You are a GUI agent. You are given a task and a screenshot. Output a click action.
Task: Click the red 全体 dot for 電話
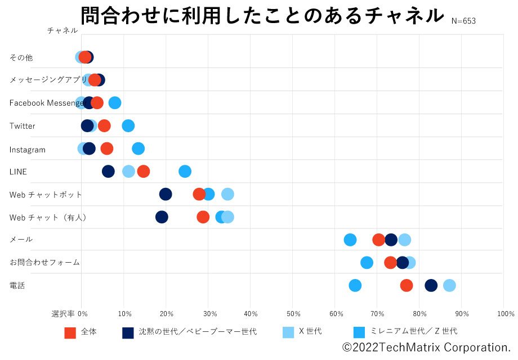pos(407,285)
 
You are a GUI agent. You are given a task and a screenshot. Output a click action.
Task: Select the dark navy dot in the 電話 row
pos(431,285)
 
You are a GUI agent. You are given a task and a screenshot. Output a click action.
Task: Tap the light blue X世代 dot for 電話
pos(449,285)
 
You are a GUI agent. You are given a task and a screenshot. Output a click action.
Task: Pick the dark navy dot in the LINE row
pos(108,172)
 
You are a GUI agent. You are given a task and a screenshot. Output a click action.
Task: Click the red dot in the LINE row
pos(144,172)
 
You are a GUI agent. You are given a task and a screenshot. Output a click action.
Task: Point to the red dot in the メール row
pos(379,240)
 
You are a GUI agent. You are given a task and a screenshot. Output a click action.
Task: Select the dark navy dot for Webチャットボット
pos(166,194)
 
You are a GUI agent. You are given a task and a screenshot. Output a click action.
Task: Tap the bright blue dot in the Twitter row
pos(128,125)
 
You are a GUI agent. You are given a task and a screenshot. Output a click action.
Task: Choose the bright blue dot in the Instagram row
pos(138,148)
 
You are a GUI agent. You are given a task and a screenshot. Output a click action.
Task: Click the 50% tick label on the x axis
pos(293,313)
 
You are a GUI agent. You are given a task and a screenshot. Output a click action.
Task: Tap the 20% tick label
pos(167,313)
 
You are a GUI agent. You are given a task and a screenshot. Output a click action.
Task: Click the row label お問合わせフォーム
pos(44,262)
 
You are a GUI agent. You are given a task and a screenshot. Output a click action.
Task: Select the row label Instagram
pos(28,150)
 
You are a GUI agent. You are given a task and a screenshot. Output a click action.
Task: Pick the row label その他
pos(21,57)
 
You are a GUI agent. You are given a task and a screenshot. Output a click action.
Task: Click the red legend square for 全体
pos(70,332)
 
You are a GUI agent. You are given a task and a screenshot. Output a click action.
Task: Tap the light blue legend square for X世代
pos(288,332)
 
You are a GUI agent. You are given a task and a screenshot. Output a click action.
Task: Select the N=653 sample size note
pos(463,21)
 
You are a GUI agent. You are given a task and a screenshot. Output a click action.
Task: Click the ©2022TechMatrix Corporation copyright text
pos(427,347)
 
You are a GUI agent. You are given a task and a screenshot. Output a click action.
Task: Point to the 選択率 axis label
pos(63,313)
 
